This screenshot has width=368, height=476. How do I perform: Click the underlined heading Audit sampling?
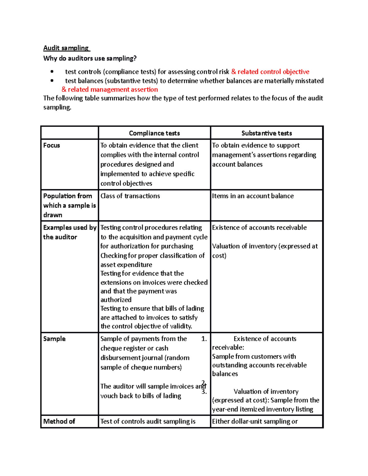[x=66, y=48]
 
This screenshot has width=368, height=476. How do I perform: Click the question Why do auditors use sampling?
[x=90, y=58]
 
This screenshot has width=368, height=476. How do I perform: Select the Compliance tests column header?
[x=154, y=133]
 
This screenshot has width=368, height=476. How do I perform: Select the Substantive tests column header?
[x=266, y=133]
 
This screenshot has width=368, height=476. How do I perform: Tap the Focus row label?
[x=52, y=145]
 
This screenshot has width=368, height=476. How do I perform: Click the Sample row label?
[x=54, y=339]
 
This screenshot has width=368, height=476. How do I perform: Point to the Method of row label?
[x=59, y=421]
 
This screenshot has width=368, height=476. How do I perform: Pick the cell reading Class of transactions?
[x=130, y=196]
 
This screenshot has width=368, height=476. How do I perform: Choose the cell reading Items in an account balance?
[x=253, y=196]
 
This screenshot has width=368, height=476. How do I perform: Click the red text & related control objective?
[x=270, y=72]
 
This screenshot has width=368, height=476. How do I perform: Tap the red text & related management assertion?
[x=110, y=89]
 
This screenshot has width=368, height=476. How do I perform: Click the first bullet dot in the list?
[x=52, y=72]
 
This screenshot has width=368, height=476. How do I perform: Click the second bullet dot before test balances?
[x=52, y=81]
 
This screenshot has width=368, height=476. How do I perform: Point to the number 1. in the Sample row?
[x=204, y=339]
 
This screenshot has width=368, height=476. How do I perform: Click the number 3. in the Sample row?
[x=204, y=392]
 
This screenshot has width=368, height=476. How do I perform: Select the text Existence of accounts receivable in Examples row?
[x=259, y=227]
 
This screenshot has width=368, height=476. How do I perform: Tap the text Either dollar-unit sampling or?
[x=255, y=421]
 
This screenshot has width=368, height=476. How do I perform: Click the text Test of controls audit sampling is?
[x=148, y=421]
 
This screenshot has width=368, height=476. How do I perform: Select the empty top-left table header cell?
[x=70, y=133]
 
